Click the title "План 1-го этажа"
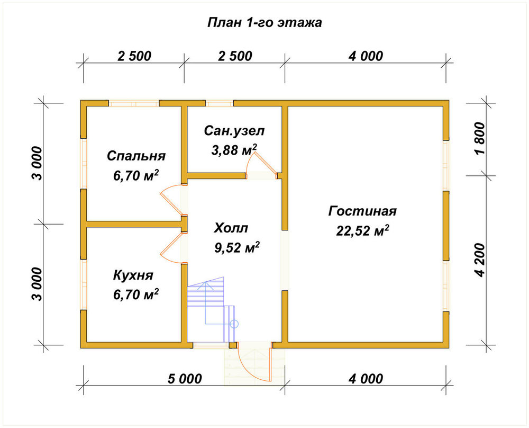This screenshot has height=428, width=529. click(x=264, y=23)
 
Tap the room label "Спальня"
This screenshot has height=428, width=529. click(x=136, y=156)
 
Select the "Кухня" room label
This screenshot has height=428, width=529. click(x=133, y=275)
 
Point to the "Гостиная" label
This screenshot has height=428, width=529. click(x=362, y=211)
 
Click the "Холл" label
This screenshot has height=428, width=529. click(x=231, y=228)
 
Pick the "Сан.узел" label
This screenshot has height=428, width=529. click(x=234, y=131)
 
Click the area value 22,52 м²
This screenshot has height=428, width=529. click(x=362, y=231)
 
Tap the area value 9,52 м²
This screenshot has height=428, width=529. click(x=237, y=247)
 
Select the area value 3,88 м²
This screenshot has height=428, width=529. click(x=234, y=150)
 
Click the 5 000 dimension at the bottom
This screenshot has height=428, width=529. click(x=185, y=379)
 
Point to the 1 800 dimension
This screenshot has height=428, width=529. click(x=480, y=138)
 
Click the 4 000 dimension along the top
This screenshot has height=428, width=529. click(x=366, y=56)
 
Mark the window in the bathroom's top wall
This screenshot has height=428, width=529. click(x=220, y=103)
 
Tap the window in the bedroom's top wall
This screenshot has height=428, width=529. click(x=134, y=103)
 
